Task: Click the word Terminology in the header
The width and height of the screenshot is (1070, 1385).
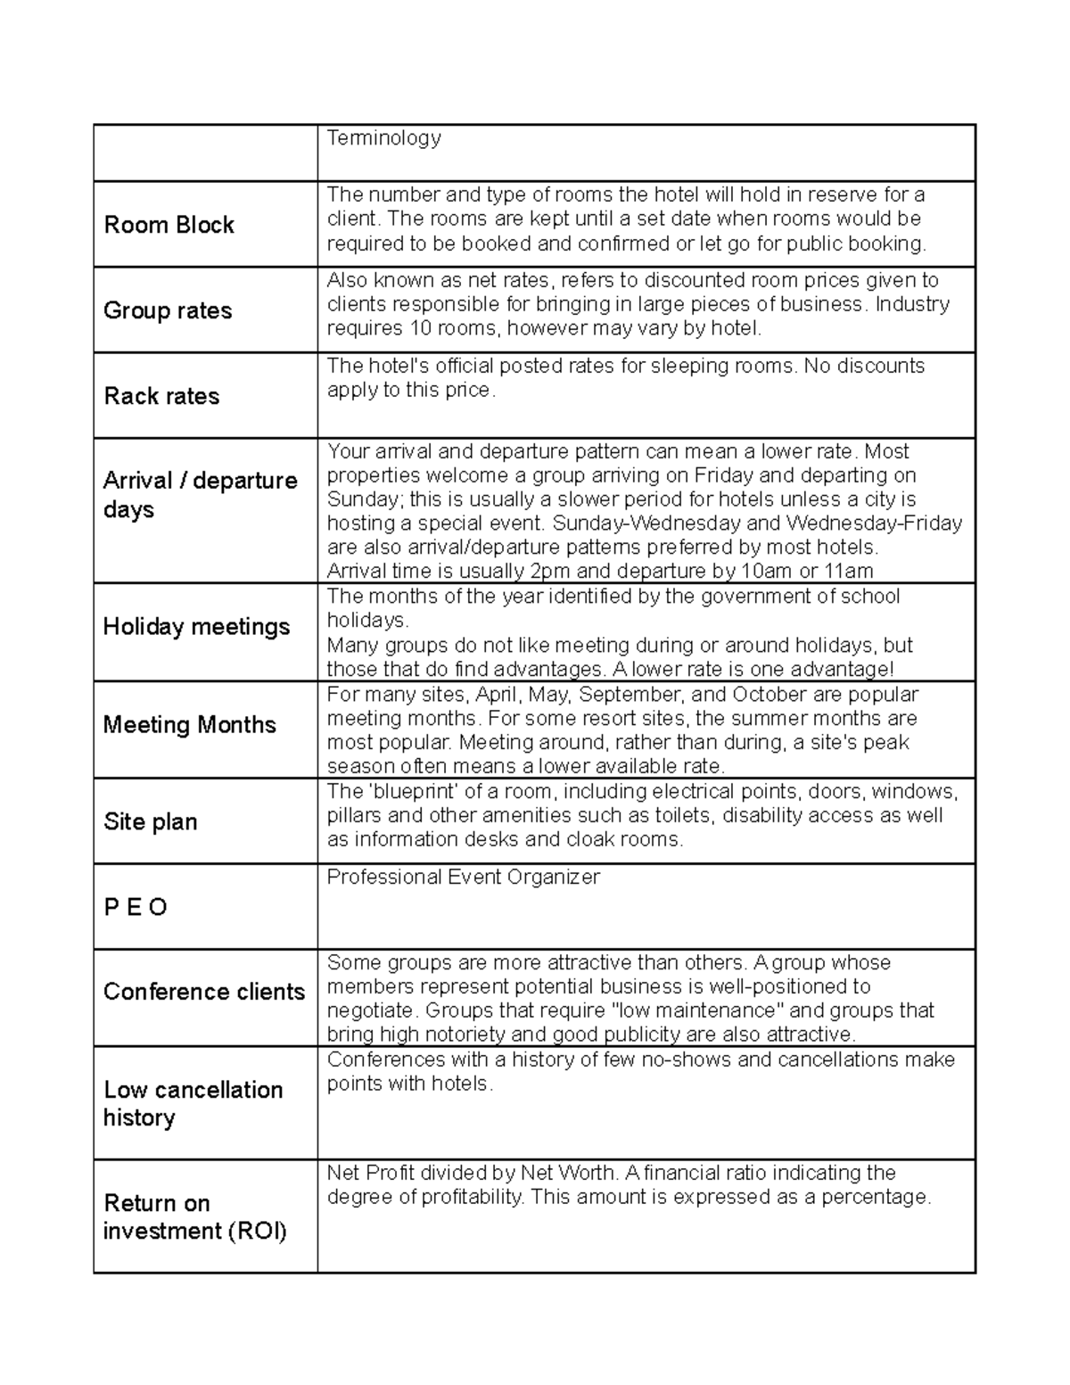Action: click(x=383, y=137)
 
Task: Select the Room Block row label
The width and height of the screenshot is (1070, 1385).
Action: click(x=169, y=225)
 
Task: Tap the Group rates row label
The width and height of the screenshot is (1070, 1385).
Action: click(x=168, y=310)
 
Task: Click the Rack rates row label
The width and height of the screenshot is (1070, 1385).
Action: click(x=161, y=396)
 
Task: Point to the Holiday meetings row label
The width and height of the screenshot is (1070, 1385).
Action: click(x=196, y=627)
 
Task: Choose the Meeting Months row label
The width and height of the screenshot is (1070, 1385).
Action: click(x=189, y=724)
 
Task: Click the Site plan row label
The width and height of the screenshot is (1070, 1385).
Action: click(x=150, y=821)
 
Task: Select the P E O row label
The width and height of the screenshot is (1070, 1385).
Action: click(x=136, y=907)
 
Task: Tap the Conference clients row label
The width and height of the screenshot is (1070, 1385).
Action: click(x=203, y=992)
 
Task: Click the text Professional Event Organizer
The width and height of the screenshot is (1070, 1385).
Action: click(x=463, y=877)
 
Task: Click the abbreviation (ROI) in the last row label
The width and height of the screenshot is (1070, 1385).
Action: click(x=257, y=1232)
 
